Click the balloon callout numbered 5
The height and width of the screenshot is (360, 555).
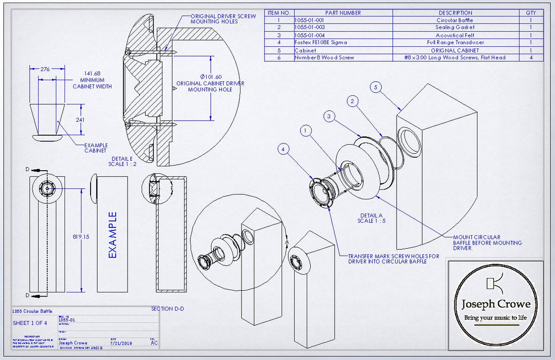point(376,87)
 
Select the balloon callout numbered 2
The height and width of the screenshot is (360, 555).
point(352,101)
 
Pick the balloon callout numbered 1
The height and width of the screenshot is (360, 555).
point(306,131)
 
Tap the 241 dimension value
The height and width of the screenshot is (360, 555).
point(80,119)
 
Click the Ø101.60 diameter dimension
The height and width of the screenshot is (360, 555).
point(210,77)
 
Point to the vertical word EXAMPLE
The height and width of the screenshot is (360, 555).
point(112,235)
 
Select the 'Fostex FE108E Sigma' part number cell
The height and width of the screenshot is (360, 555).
point(321,42)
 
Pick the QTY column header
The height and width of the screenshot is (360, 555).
point(531,12)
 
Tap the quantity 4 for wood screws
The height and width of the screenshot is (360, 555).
point(531,57)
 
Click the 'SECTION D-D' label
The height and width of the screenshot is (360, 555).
point(167,308)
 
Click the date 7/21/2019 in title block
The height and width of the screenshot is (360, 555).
point(122,343)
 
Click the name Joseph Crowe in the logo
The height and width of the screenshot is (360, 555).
point(496,304)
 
